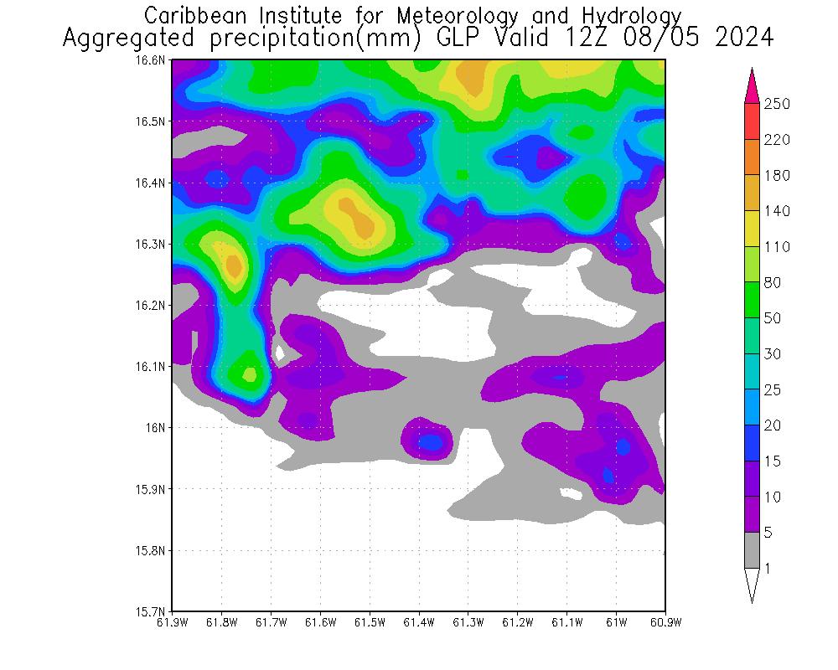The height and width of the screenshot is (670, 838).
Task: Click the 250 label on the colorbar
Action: click(x=777, y=104)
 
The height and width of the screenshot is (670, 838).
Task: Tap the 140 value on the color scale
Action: click(x=777, y=211)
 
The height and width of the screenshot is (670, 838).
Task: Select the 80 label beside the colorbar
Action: click(x=772, y=283)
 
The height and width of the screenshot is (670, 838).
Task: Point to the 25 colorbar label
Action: click(x=772, y=390)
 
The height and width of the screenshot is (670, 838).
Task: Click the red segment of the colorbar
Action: click(x=752, y=121)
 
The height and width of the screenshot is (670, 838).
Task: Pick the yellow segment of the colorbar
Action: click(x=752, y=229)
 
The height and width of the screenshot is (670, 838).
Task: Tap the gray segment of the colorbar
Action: click(x=752, y=550)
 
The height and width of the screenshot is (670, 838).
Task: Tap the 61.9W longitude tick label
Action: click(x=173, y=622)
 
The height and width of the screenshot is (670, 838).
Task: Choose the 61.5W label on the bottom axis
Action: click(x=370, y=622)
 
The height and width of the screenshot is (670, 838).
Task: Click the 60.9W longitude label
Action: click(x=665, y=622)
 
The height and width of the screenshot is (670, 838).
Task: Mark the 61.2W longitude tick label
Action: click(x=518, y=622)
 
